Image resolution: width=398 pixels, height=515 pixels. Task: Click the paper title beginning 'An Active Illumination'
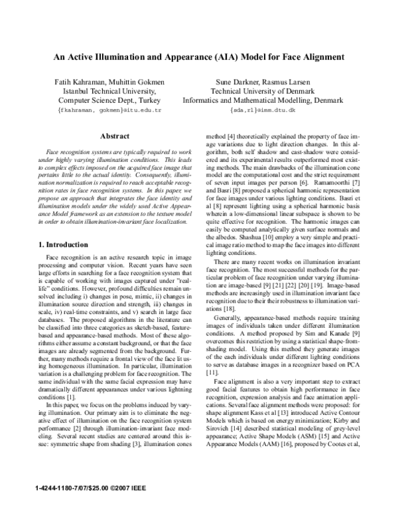[198, 57]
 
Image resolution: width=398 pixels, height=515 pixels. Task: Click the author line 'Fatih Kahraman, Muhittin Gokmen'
[109, 82]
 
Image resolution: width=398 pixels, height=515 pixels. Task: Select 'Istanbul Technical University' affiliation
[109, 91]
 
